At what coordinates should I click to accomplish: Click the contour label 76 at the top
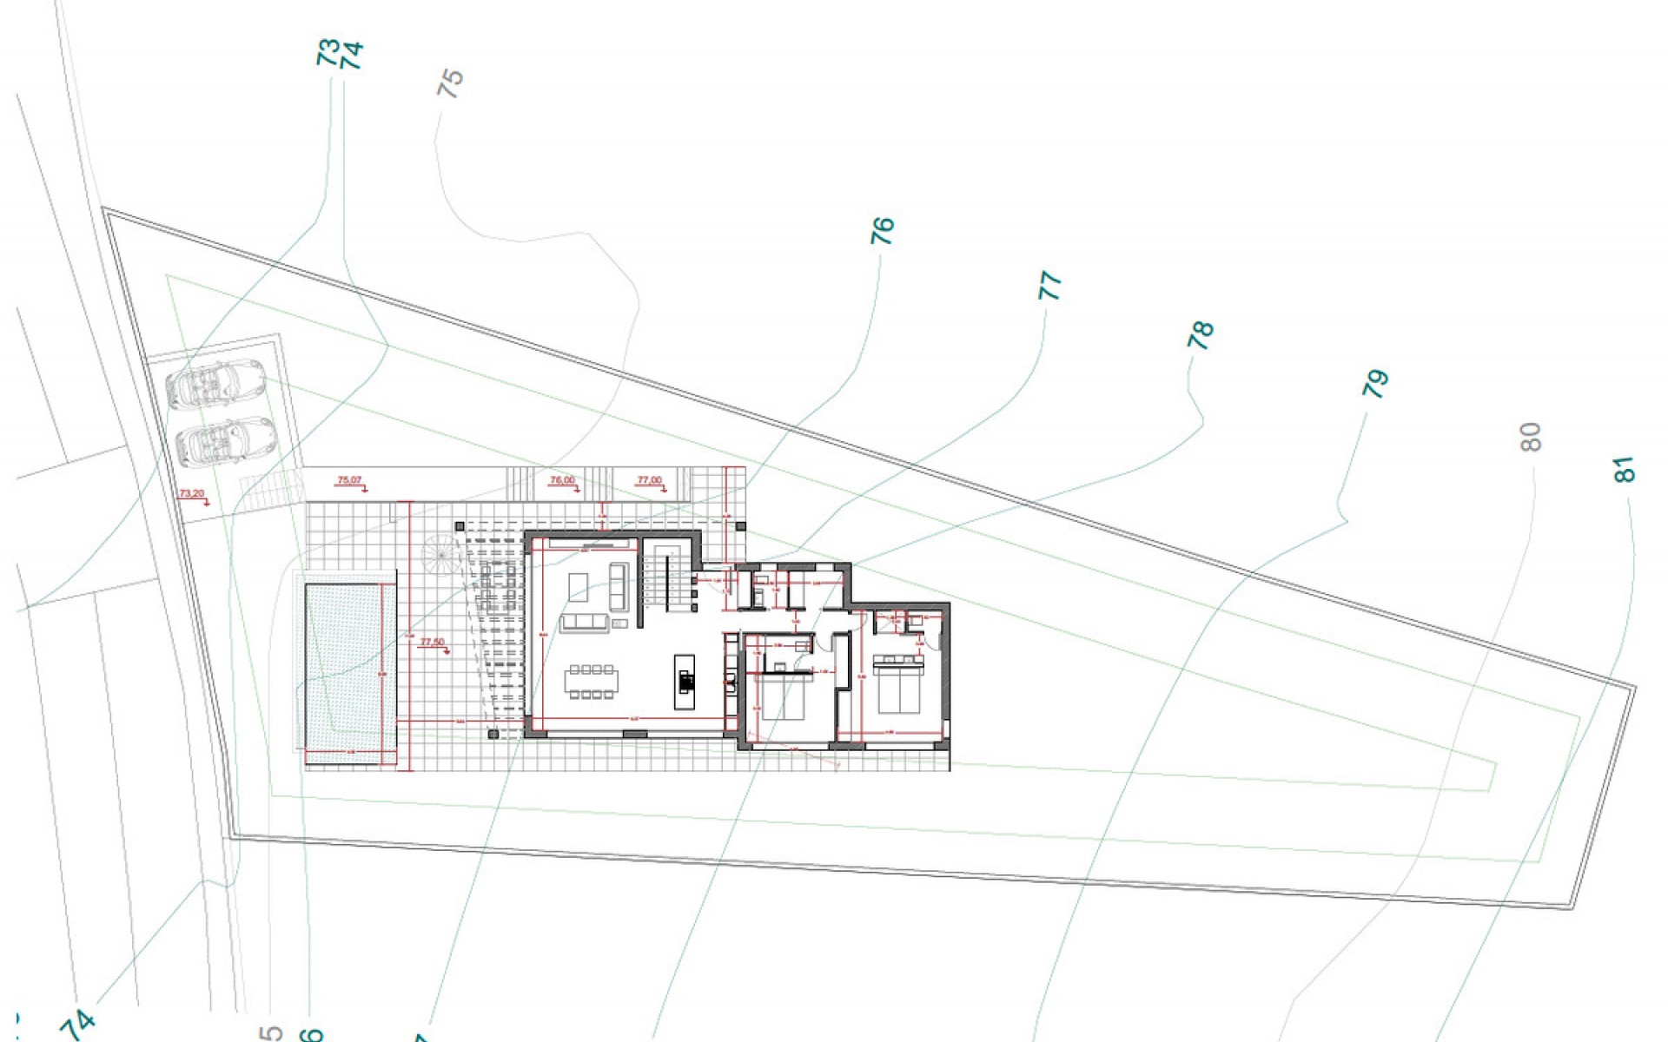point(882,231)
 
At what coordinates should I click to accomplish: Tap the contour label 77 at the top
point(1050,286)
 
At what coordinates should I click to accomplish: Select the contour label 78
point(1200,335)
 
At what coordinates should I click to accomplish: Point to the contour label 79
point(1376,384)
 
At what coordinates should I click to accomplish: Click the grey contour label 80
point(1532,437)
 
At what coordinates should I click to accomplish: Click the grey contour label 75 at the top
point(451,84)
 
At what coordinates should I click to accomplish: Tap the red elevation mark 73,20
point(192,494)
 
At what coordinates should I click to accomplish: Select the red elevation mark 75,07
point(349,480)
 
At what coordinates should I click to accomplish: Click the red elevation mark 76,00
point(563,480)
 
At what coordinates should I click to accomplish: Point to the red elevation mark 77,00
point(649,480)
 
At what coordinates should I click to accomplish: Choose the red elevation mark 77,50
point(432,643)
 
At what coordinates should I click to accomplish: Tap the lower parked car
point(225,440)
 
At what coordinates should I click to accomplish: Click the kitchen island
point(685,682)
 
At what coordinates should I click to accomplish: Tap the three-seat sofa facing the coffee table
point(585,623)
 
